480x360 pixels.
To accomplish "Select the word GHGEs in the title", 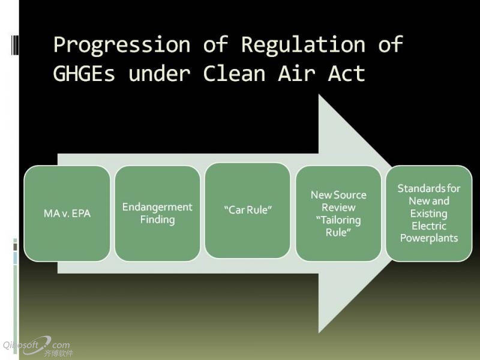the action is [84, 73].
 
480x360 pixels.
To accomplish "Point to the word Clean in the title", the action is [234, 73].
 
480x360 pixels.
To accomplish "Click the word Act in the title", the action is [347, 73].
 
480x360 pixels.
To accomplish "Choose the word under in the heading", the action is [159, 73].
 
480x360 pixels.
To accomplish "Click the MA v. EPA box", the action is [67, 214].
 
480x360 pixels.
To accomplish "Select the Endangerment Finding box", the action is [157, 214].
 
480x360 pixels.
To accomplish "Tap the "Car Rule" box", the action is [248, 211].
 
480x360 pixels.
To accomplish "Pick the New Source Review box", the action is [338, 214].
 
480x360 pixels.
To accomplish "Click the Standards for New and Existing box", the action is [429, 214].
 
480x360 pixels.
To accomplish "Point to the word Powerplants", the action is [429, 238].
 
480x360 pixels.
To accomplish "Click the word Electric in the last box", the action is [429, 226].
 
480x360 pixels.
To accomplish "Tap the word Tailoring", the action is [338, 220].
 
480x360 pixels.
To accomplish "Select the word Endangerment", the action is [157, 207].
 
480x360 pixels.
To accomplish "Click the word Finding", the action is [157, 220].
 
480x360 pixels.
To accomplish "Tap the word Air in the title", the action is [296, 73].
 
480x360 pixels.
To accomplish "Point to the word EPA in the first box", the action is [81, 214].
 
